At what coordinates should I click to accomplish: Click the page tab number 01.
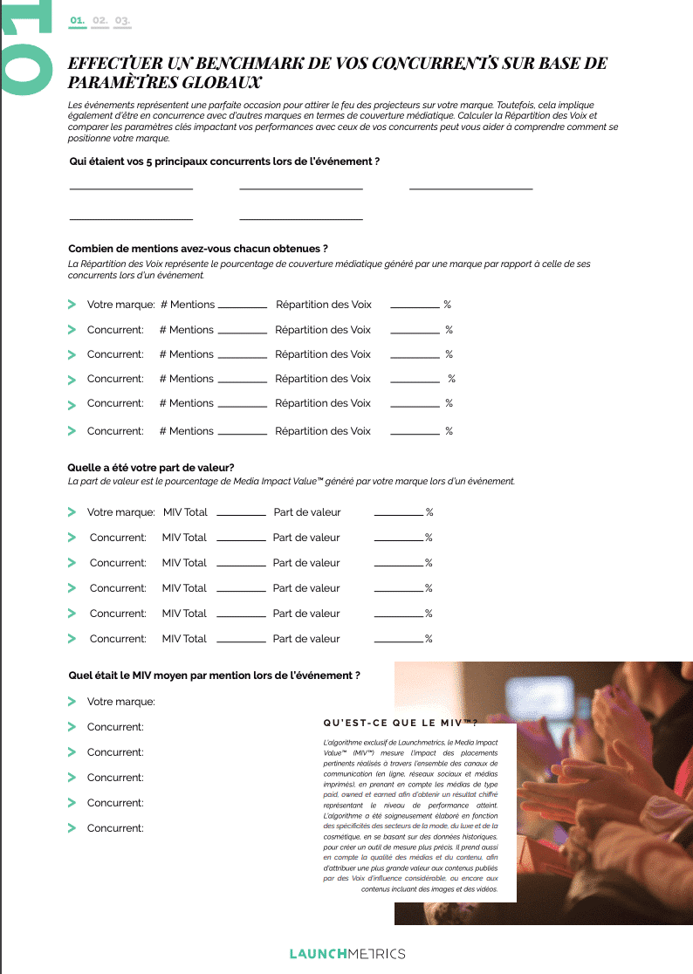coord(78,19)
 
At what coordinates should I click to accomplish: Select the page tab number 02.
coord(99,19)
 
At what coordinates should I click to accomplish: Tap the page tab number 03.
coord(122,19)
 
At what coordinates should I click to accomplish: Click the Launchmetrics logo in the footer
coord(346,953)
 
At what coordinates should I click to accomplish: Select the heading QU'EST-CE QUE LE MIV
coord(401,723)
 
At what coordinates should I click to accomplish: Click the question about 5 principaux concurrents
coord(224,161)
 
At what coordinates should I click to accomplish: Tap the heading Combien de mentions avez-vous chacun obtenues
coord(198,249)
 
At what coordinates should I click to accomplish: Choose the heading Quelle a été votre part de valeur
coord(151,468)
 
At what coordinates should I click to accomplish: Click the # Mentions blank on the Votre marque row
coord(242,306)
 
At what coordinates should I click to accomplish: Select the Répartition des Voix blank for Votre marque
coord(415,306)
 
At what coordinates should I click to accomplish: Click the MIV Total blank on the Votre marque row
coord(241,514)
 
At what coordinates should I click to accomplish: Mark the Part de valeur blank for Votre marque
coord(398,514)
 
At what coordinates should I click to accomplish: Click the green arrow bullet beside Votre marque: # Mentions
coord(72,305)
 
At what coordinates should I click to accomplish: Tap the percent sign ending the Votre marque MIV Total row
coord(429,512)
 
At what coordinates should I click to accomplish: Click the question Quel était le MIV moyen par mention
coord(214,676)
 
